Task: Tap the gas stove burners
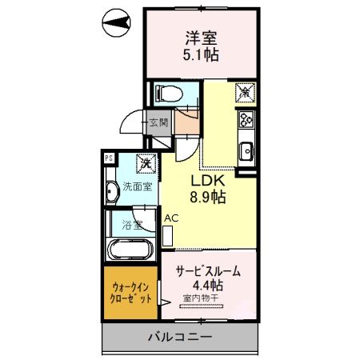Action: (x=246, y=122)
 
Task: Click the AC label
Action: (x=171, y=217)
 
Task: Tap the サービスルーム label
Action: (x=208, y=271)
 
